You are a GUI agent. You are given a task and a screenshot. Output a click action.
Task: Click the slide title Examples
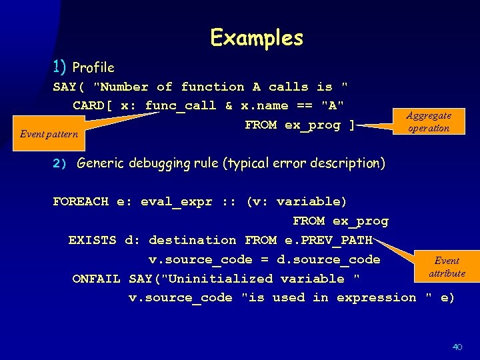[x=257, y=38]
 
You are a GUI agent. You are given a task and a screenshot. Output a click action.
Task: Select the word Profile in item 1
[x=93, y=67]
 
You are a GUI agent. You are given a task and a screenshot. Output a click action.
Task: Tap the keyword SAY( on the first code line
[x=69, y=87]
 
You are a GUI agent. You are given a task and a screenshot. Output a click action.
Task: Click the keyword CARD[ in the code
[x=93, y=105]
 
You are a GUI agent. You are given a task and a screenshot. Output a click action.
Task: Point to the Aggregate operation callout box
[x=429, y=121]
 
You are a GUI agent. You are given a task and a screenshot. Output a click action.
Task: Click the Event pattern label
[x=49, y=134]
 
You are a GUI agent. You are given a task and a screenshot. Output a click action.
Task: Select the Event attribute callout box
[x=446, y=267]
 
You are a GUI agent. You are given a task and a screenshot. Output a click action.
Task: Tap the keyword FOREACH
[x=80, y=201]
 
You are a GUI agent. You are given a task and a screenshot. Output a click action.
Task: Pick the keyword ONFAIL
[x=96, y=279]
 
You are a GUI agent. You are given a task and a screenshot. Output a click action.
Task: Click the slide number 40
[x=457, y=347]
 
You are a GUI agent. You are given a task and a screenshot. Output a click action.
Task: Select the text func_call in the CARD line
[x=180, y=105]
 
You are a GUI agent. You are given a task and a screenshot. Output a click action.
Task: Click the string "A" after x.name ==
[x=333, y=105]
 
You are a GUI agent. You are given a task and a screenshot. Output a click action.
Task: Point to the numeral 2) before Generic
[x=61, y=163]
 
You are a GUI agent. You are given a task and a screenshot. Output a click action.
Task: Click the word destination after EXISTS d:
[x=192, y=240]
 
